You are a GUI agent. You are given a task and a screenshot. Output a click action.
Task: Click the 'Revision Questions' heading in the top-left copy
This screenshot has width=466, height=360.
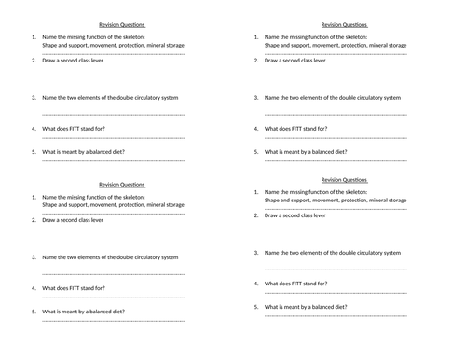click(121, 25)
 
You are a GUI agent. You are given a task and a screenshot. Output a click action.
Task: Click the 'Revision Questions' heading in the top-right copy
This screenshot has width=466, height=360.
click(344, 25)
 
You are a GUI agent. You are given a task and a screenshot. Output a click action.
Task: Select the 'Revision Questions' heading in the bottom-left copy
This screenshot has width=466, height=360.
click(121, 185)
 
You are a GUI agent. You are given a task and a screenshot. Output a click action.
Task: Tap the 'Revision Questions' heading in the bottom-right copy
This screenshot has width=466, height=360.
click(344, 180)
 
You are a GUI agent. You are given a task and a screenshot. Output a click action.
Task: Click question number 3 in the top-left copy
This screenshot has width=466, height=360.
click(34, 97)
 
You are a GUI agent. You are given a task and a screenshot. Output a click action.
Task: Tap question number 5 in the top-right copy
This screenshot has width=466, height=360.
click(256, 151)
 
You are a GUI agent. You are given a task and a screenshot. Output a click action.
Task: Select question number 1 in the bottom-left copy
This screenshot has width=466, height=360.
click(34, 197)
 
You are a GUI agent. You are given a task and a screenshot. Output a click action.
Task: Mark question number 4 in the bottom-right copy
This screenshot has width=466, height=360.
click(256, 284)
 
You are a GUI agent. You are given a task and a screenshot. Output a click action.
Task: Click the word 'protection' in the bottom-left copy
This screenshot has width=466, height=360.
click(120, 204)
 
